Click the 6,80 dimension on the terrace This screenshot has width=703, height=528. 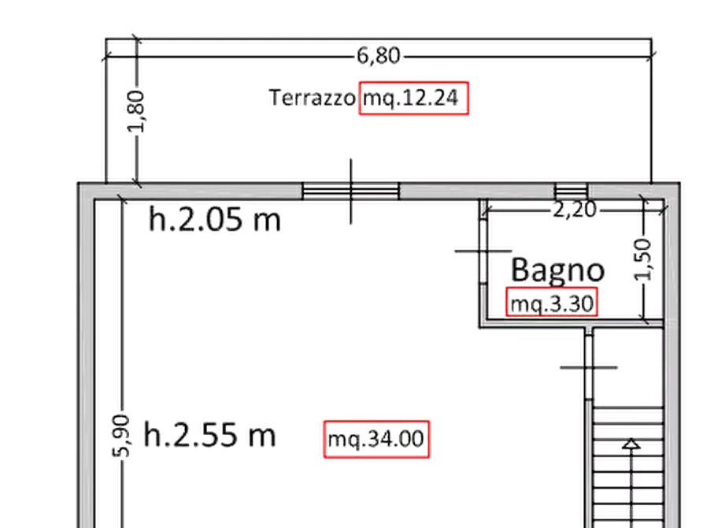pyautogui.click(x=379, y=56)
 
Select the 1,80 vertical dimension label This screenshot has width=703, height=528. pyautogui.click(x=136, y=111)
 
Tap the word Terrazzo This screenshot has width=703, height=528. pyautogui.click(x=312, y=98)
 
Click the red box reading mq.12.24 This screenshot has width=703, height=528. pyautogui.click(x=414, y=98)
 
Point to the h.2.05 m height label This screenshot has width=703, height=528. pyautogui.click(x=214, y=220)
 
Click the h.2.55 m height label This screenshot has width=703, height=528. pyautogui.click(x=209, y=435)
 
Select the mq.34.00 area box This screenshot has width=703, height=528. pyautogui.click(x=376, y=439)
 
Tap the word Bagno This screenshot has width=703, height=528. pyautogui.click(x=557, y=270)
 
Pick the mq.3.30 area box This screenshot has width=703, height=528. pyautogui.click(x=552, y=302)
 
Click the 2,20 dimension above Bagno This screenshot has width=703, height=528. pyautogui.click(x=575, y=210)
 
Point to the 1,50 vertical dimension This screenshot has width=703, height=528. pyautogui.click(x=643, y=259)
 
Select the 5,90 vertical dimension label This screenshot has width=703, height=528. pyautogui.click(x=121, y=436)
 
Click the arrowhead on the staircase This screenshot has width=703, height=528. pyautogui.click(x=631, y=444)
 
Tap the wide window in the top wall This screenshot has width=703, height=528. pyautogui.click(x=350, y=191)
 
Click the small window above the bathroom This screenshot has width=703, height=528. pyautogui.click(x=572, y=191)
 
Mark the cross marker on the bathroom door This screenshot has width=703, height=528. pyautogui.click(x=483, y=251)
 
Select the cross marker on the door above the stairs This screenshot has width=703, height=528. pyautogui.click(x=589, y=367)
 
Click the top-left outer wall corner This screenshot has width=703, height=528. pyautogui.click(x=78, y=183)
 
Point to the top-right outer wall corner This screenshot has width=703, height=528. pyautogui.click(x=679, y=183)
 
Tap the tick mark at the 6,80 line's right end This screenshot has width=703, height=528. pyautogui.click(x=652, y=57)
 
